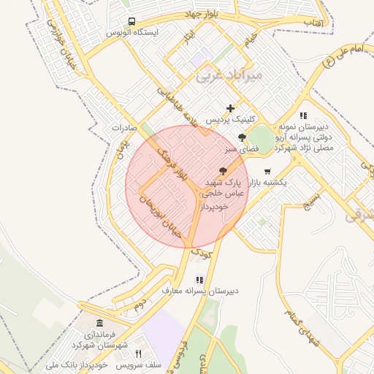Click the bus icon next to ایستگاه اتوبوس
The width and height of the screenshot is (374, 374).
[x=131, y=21]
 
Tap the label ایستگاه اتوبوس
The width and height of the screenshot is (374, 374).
[x=131, y=34]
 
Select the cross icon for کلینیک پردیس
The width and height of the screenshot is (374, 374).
[x=231, y=108]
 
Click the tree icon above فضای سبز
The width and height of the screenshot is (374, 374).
[x=242, y=137]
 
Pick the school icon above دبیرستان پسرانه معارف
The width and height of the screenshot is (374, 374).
[x=199, y=279]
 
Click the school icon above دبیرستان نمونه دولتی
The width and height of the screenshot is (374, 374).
[x=303, y=115]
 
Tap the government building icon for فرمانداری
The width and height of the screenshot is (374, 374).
[x=99, y=324]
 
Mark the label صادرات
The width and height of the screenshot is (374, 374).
[x=125, y=127]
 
